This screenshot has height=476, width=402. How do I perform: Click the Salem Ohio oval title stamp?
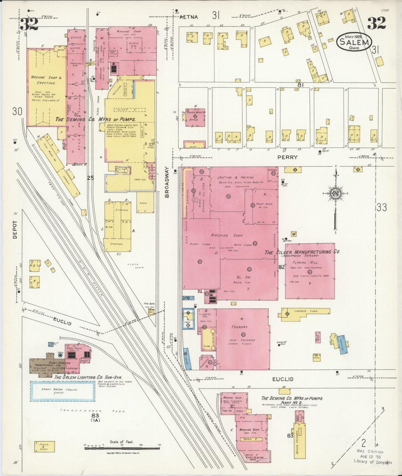pos(354,42)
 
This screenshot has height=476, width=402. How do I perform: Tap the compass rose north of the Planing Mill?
pos(336,193)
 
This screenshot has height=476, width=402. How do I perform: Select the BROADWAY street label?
pos(167,182)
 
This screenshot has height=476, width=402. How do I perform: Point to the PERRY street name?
pos(287,157)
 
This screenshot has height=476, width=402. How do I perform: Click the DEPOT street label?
pos(15,230)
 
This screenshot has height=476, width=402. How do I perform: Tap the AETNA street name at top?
pos(189,17)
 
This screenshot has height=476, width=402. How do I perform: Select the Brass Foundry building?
pos(300,440)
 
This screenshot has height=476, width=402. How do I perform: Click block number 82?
pos(282,267)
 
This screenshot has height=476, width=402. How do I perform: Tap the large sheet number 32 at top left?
pos(29,24)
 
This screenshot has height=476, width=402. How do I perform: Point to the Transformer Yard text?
pos(92,411)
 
